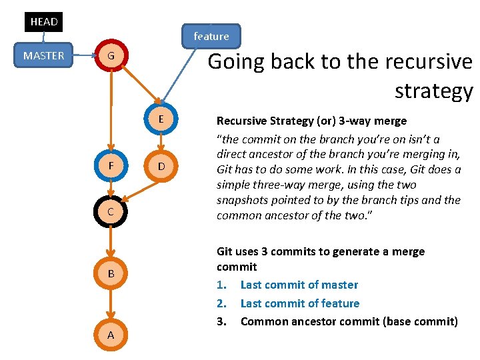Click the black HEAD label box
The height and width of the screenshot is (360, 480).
(x=44, y=21)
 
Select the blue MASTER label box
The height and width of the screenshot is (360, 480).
(x=44, y=55)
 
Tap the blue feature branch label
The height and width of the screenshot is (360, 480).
(x=211, y=36)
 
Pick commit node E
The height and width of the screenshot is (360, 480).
(x=160, y=119)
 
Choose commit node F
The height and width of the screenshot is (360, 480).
(x=111, y=165)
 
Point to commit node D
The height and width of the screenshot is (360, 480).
(x=160, y=165)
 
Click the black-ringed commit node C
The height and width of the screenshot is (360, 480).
(x=111, y=211)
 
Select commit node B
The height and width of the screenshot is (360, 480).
(x=111, y=273)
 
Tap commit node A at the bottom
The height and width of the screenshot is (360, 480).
(x=111, y=335)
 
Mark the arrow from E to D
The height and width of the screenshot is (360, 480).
(x=160, y=141)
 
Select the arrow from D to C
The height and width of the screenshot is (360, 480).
(x=138, y=190)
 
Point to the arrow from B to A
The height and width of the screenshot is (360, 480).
(x=111, y=304)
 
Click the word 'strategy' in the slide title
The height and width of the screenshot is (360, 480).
(x=433, y=90)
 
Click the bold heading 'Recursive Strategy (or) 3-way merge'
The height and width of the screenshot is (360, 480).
(x=311, y=121)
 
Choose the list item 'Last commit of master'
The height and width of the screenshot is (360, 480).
(x=299, y=285)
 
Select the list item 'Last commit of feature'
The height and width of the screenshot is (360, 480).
(x=299, y=303)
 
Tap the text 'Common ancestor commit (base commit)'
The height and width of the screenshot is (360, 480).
(x=349, y=321)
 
